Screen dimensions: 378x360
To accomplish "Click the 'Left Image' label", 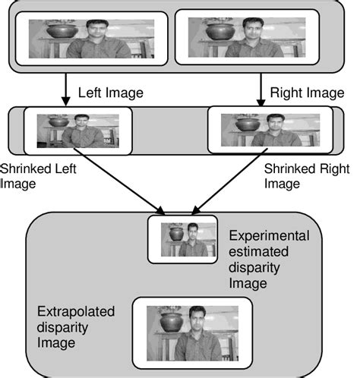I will tap(111, 92).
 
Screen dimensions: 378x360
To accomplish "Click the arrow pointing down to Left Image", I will tap(66, 88).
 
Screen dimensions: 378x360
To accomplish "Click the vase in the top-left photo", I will tap(62, 32).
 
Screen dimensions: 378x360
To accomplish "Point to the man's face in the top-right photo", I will tap(253, 31).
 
